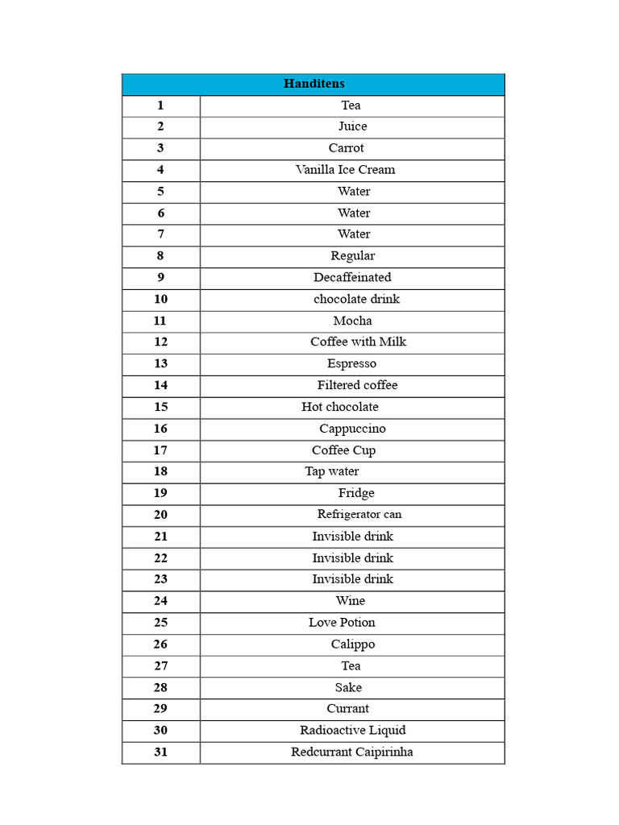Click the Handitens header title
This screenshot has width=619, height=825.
[314, 84]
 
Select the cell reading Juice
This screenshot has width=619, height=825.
[352, 126]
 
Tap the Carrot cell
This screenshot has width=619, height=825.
[346, 148]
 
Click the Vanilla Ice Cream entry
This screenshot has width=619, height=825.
[345, 170]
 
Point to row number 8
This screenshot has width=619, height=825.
[160, 256]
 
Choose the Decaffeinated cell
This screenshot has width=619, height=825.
[352, 278]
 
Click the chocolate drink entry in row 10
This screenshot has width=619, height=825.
[356, 300]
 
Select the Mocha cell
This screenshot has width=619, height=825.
[352, 321]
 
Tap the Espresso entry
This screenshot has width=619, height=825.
[351, 364]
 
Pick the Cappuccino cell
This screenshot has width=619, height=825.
[352, 429]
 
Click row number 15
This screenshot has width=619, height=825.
[160, 407]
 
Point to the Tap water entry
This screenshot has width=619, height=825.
[332, 471]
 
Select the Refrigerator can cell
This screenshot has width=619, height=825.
[359, 515]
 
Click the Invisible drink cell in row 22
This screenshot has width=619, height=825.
[352, 558]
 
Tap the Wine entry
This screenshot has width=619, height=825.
[351, 601]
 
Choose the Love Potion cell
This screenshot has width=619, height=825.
[342, 623]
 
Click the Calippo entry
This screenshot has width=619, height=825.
[352, 645]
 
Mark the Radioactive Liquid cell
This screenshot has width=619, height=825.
[352, 731]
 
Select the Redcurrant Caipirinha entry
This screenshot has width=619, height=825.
[352, 752]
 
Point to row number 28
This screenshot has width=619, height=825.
[160, 687]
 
